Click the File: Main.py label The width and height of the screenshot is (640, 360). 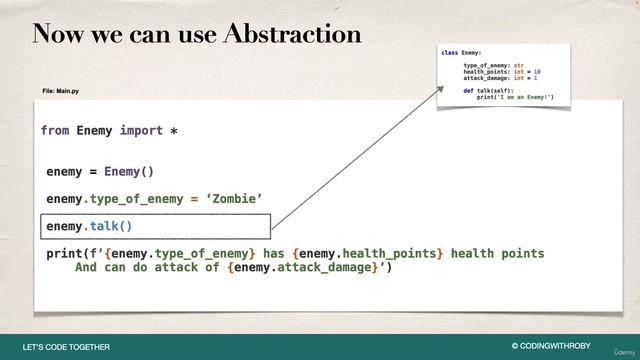62,91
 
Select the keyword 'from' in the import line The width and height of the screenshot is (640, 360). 55,131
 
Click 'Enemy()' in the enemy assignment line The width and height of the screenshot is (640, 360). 129,171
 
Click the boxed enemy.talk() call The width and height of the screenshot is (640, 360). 89,227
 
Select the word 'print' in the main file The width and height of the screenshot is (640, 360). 65,254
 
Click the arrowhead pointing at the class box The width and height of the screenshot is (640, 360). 439,89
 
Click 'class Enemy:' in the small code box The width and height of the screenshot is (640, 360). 462,51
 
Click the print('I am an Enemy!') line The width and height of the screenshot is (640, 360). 515,97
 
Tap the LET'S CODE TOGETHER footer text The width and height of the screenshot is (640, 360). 66,347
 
